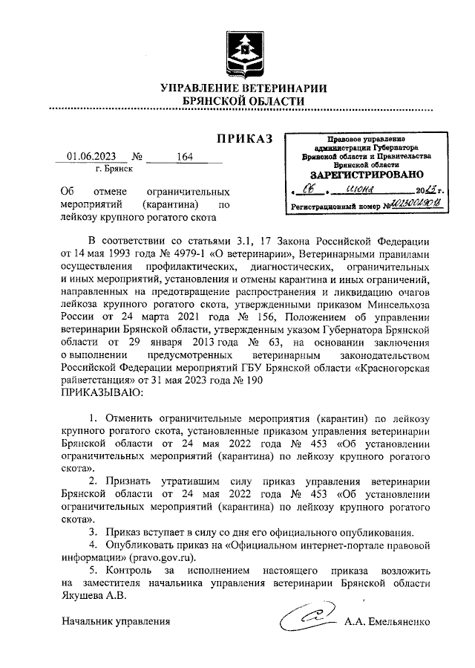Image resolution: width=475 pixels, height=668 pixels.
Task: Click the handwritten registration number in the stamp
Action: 416,204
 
